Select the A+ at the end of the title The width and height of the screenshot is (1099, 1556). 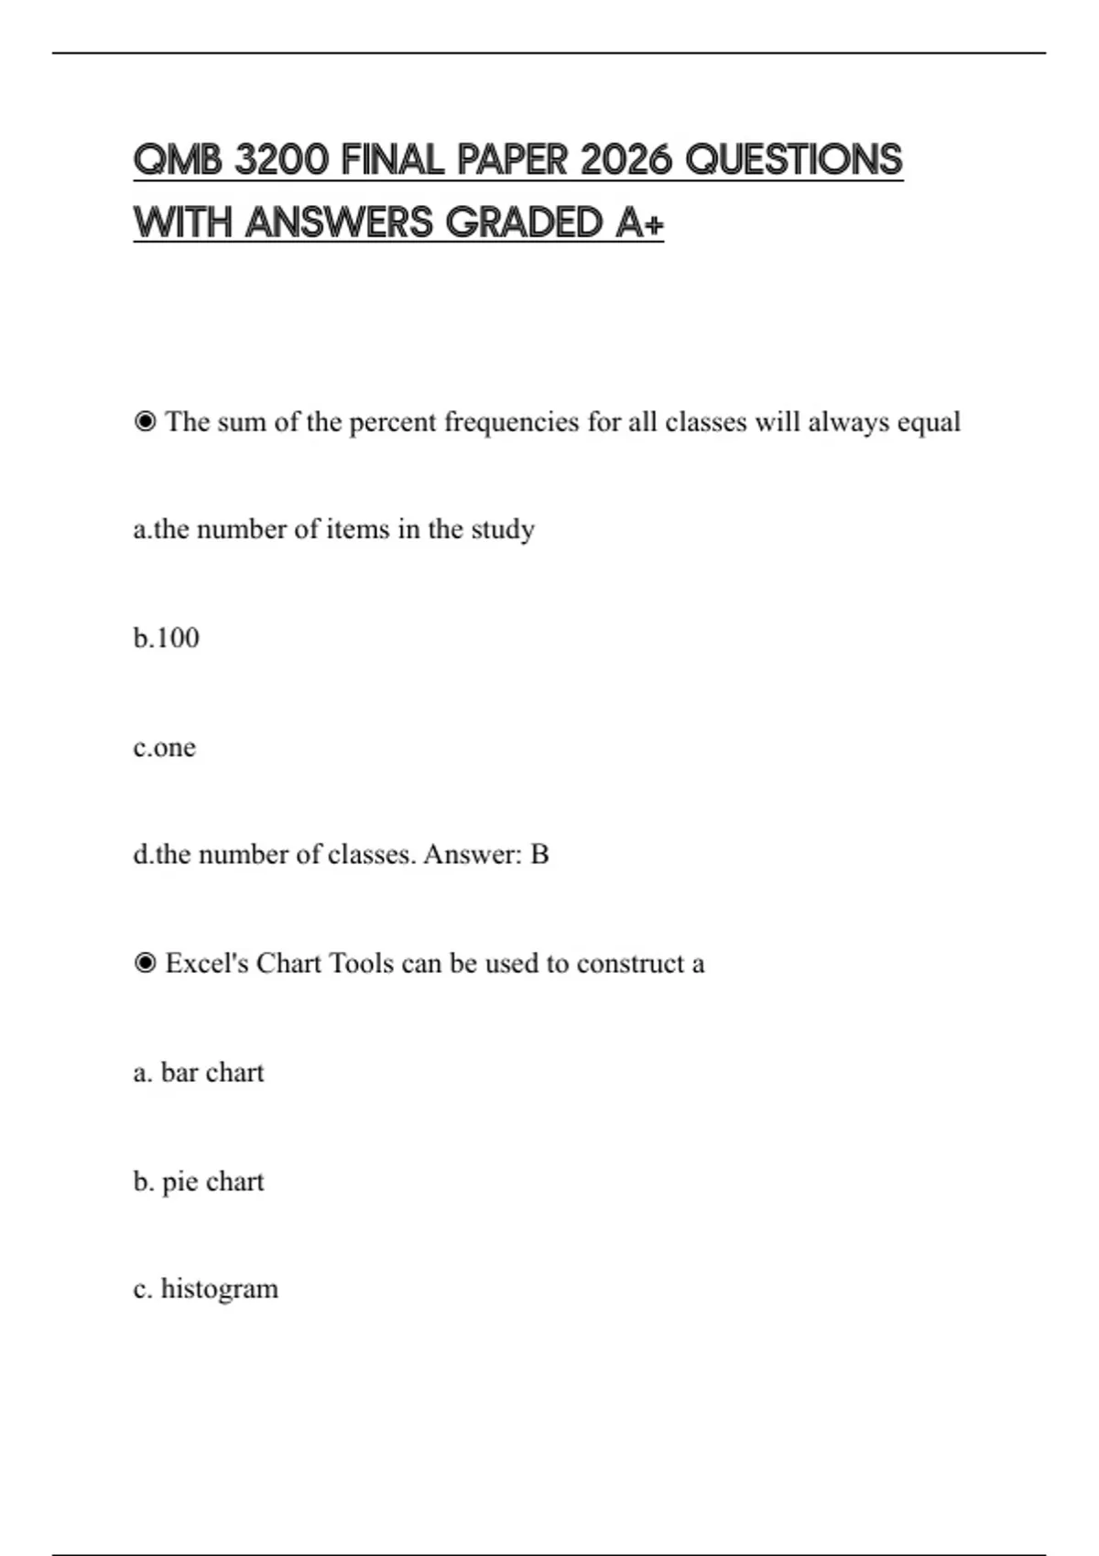click(639, 222)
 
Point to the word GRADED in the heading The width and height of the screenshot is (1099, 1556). click(524, 222)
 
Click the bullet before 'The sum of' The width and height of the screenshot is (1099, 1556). click(145, 422)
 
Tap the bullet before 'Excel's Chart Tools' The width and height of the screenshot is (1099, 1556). click(145, 963)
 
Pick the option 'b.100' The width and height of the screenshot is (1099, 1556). click(166, 637)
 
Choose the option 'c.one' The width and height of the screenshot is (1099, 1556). click(164, 747)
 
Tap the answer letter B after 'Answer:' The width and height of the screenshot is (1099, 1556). click(539, 854)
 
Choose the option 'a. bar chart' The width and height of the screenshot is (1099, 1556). click(198, 1072)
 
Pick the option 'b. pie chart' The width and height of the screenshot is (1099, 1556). click(198, 1182)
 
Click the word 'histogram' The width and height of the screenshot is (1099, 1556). click(219, 1289)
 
